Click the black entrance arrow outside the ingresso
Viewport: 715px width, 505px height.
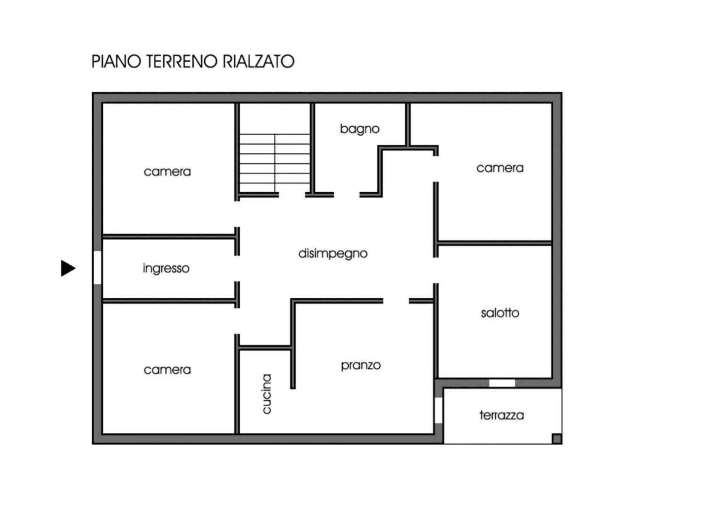68,268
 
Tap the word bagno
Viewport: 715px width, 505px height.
359,129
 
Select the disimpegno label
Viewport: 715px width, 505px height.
333,254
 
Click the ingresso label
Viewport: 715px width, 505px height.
166,268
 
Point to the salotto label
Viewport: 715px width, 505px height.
500,313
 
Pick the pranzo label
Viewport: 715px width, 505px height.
361,365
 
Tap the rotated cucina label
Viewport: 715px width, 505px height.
266,394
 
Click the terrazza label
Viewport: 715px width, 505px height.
502,415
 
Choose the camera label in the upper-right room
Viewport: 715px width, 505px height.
500,168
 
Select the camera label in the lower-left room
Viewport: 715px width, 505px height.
167,370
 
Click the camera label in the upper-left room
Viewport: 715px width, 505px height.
167,171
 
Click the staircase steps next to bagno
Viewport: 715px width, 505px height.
275,163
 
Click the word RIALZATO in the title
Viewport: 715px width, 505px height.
258,61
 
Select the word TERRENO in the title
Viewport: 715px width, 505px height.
182,61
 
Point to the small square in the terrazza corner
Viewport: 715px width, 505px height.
557,439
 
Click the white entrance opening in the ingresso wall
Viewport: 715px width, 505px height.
97,267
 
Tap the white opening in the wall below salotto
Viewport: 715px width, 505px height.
502,383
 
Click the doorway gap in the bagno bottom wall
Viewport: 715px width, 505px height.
346,195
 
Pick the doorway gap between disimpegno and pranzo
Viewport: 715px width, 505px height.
396,301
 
